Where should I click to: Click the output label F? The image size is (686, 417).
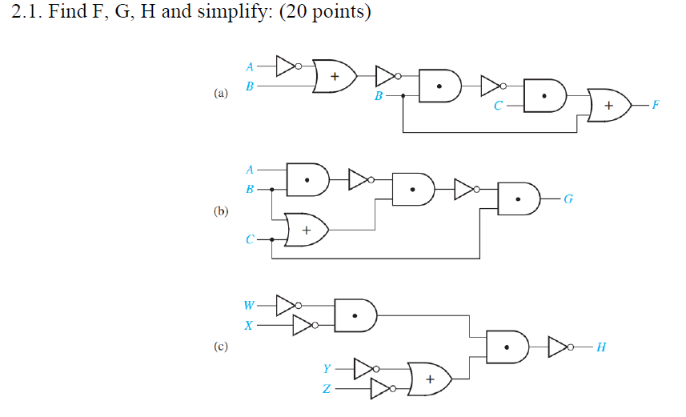coord(656,105)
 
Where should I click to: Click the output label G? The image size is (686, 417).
coord(568,199)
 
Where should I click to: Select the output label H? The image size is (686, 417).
coord(601,347)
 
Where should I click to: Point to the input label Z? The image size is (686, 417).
coord(326,390)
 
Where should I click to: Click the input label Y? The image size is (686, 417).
coord(326,369)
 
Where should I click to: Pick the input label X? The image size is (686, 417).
coord(249,326)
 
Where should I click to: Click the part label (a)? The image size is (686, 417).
coord(221,94)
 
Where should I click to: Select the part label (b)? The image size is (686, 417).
coord(221,211)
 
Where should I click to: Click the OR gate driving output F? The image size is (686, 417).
coord(608,105)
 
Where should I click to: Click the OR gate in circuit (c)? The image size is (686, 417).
coord(429,379)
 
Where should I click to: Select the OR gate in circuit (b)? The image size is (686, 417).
coord(307,230)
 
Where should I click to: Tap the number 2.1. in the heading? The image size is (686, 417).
coord(29,14)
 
